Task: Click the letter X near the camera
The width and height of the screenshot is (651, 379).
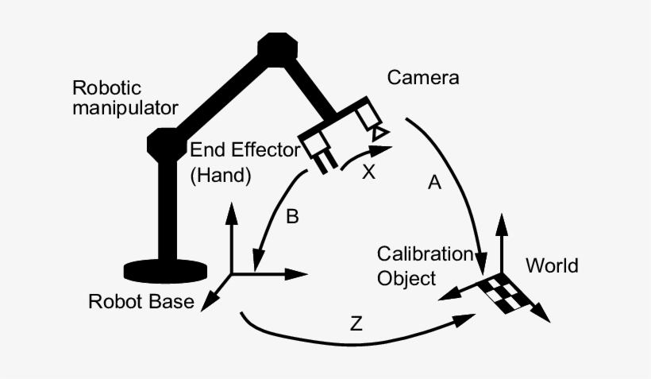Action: point(368,172)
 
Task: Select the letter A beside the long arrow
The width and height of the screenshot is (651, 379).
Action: point(433,184)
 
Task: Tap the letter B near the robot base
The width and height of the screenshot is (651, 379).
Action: point(292,216)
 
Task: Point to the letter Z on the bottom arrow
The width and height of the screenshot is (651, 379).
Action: point(356,323)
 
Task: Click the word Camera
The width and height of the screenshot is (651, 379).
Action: point(423,78)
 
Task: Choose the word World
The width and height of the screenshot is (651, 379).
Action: point(553,265)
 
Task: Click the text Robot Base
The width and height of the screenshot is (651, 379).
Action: point(141,302)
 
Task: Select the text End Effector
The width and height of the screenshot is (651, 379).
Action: point(241,151)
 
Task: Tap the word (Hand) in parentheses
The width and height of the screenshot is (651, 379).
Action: point(221,176)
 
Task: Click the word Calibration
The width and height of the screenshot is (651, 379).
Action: point(424,254)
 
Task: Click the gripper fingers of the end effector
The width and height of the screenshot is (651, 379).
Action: point(325,164)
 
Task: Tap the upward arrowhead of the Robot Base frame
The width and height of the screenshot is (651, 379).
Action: point(231,211)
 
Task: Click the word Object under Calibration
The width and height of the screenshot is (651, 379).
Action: point(406,278)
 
